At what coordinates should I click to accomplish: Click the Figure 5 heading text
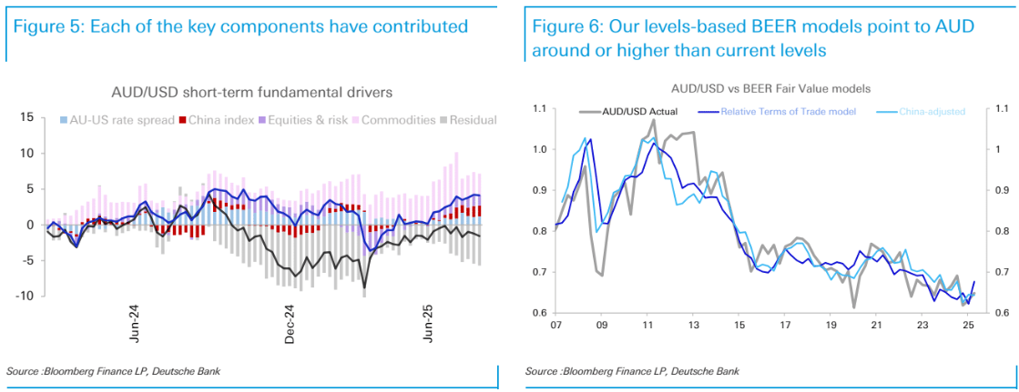point(241,26)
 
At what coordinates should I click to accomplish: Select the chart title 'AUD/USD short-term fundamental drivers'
point(251,92)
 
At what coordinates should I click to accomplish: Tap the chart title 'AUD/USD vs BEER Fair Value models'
point(771,89)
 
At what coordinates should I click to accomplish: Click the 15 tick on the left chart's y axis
point(26,117)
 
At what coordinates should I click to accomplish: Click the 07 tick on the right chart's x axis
point(555,325)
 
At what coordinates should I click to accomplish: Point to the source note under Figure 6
point(633,371)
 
